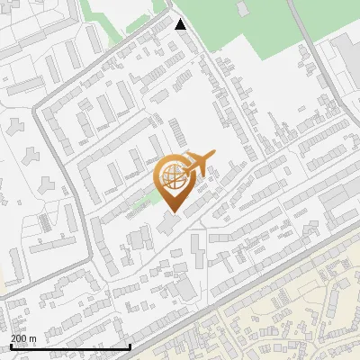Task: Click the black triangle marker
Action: click(x=180, y=24)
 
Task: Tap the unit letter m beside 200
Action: click(x=33, y=338)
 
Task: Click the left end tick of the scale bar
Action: click(x=11, y=345)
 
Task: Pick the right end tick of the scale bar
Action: click(x=130, y=345)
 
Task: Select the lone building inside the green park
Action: click(x=242, y=8)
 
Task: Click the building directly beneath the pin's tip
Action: click(x=170, y=222)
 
